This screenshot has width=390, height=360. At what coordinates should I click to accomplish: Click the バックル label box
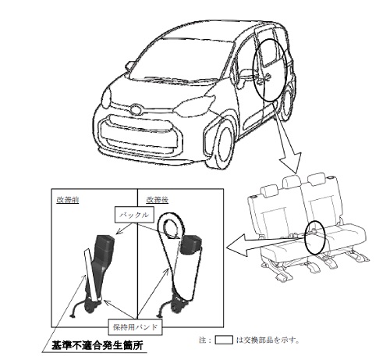point(134,215)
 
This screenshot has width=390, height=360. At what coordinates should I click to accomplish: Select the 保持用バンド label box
point(135,327)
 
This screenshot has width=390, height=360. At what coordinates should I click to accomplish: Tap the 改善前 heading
point(68,200)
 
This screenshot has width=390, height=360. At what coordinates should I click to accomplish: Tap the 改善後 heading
point(157,200)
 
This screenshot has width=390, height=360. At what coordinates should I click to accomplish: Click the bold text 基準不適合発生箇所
point(97,345)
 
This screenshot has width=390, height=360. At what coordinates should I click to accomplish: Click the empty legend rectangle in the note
point(224,340)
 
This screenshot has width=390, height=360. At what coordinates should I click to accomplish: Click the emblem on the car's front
point(136,109)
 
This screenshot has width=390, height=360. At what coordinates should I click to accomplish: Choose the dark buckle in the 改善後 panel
point(191,244)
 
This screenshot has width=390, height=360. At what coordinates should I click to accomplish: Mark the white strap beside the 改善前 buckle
point(92,275)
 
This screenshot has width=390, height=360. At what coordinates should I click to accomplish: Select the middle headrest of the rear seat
point(292,180)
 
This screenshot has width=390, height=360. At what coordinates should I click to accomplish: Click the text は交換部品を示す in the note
point(268,340)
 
